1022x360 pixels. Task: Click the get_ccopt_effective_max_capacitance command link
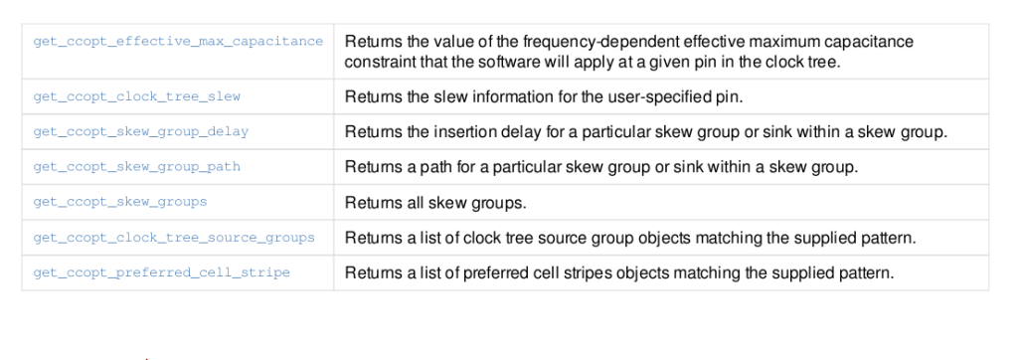point(178,42)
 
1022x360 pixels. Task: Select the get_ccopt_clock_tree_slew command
point(137,96)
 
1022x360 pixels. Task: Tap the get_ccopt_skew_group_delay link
point(141,131)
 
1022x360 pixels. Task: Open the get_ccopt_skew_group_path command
point(137,166)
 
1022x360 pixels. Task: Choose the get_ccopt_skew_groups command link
point(120,201)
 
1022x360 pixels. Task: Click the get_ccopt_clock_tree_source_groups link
point(174,237)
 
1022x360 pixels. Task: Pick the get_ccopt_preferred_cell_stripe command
point(162,272)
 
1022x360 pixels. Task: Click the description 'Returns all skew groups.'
point(434,203)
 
